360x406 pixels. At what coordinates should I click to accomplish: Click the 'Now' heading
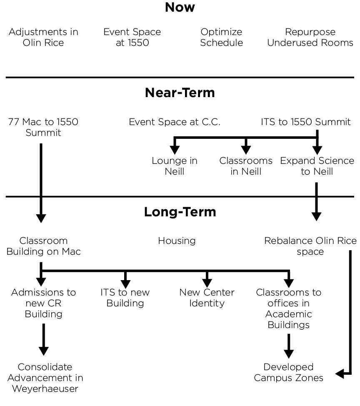tap(180, 7)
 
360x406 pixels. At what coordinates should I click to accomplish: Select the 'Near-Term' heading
tap(180, 93)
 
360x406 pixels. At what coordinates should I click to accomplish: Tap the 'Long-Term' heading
tap(180, 212)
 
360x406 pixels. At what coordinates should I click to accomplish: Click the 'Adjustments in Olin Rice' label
tap(43, 37)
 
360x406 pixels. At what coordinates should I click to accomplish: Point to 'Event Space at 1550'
tap(132, 37)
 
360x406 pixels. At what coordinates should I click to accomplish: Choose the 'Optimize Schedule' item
tap(222, 37)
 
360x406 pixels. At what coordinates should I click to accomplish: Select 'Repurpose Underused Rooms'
tap(310, 37)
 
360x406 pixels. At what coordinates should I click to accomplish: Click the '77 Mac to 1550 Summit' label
tap(43, 127)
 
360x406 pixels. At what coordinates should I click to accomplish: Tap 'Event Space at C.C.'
tap(175, 122)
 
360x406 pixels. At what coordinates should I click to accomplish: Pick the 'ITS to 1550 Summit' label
tap(306, 122)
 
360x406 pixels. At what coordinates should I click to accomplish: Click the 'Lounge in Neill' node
tap(175, 166)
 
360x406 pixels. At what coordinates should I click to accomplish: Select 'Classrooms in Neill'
tap(246, 166)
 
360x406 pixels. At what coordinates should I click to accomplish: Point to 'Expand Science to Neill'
tap(317, 166)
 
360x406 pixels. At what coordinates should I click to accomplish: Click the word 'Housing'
tap(177, 241)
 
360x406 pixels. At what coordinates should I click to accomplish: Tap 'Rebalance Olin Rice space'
tap(310, 246)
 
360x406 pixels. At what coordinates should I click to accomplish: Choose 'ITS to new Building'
tap(125, 298)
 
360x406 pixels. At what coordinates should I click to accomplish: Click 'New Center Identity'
tap(207, 298)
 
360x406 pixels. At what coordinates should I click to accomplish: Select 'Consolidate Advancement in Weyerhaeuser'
tap(45, 378)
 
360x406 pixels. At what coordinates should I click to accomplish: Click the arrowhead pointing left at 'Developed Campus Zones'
tap(340, 373)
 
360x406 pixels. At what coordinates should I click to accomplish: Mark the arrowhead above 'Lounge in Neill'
tap(175, 150)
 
